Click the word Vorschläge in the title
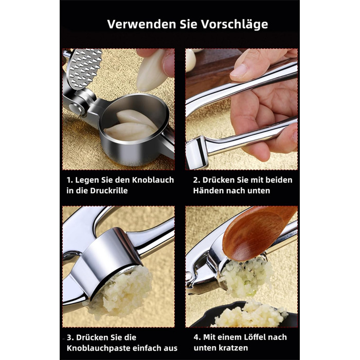click(x=235, y=24)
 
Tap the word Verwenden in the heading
click(x=141, y=24)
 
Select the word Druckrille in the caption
click(x=109, y=191)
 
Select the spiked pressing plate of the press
click(x=85, y=68)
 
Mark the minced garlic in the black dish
click(x=251, y=314)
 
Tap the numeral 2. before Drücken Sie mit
click(x=197, y=180)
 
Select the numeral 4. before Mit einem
click(x=197, y=337)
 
